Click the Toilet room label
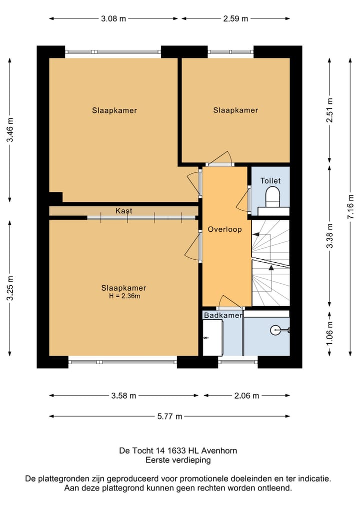[x=270, y=180]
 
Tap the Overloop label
[x=225, y=229]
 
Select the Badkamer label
[x=223, y=315]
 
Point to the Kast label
[x=124, y=211]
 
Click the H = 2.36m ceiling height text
[x=124, y=296]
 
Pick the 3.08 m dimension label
[x=113, y=18]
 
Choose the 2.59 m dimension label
[x=235, y=18]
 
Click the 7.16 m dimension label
[x=350, y=207]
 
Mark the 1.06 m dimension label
[x=329, y=333]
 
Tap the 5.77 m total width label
[x=169, y=416]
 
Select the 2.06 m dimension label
[x=247, y=396]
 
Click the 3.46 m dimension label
[x=10, y=129]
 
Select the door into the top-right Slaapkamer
[x=220, y=159]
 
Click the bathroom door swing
[x=230, y=302]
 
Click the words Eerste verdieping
[x=178, y=460]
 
